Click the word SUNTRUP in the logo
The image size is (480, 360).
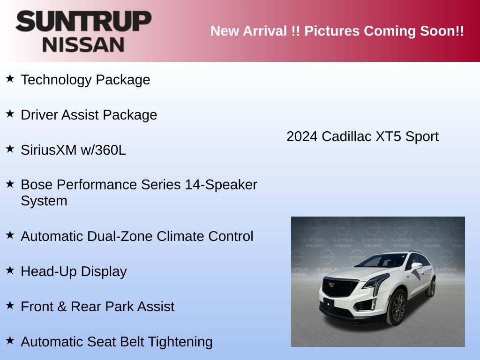click(83, 21)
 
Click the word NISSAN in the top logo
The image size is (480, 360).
click(83, 45)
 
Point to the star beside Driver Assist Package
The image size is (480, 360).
click(10, 114)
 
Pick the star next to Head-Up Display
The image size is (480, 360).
click(10, 270)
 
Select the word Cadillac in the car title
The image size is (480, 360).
click(346, 137)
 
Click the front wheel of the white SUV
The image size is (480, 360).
click(397, 308)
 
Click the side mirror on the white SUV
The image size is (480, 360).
click(416, 266)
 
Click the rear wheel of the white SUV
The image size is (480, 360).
click(431, 287)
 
